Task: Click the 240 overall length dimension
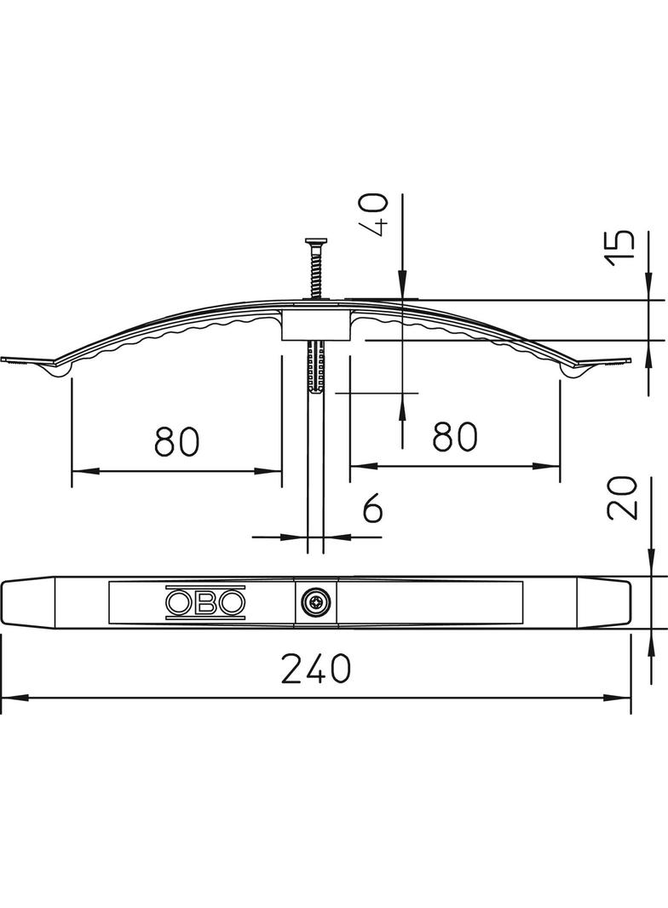pos(316,669)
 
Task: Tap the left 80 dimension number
pos(177,440)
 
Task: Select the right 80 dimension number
pos(455,436)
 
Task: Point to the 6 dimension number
pos(372,509)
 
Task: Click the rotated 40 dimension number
pos(376,214)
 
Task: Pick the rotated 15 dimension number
pos(620,248)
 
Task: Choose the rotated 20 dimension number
pos(621,498)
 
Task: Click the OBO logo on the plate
pos(205,603)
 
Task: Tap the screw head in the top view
pos(316,603)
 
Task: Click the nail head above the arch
pos(316,241)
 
